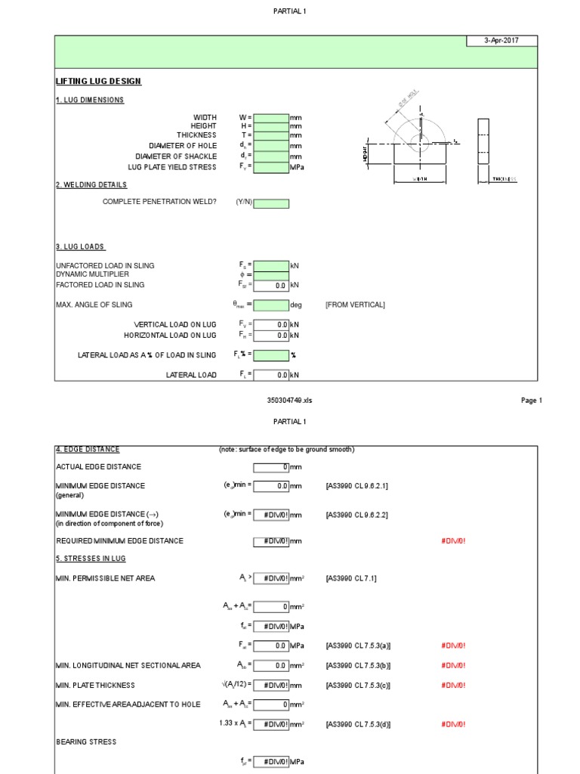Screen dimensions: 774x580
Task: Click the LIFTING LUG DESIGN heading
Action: tap(98, 82)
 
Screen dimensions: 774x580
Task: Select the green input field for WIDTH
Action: tap(271, 118)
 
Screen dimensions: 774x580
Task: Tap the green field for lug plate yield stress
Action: tap(271, 167)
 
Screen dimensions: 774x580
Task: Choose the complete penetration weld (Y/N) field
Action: tap(271, 203)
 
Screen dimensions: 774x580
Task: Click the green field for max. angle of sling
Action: tap(271, 305)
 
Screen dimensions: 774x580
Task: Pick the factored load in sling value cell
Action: tap(271, 286)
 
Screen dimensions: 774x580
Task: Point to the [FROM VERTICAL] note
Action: tap(355, 305)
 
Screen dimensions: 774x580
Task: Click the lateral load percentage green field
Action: tap(271, 355)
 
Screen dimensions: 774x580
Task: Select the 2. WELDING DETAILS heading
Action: tap(91, 185)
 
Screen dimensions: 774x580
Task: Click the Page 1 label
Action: tap(532, 401)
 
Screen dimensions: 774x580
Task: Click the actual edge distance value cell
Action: tap(271, 467)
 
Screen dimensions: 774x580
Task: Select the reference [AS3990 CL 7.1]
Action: tap(351, 579)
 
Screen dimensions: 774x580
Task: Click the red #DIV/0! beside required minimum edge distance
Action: tap(453, 541)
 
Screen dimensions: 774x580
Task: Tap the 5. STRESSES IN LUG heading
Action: tap(91, 559)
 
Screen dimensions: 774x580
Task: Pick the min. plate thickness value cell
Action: tap(271, 686)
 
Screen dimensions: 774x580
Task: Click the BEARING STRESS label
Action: tap(86, 742)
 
